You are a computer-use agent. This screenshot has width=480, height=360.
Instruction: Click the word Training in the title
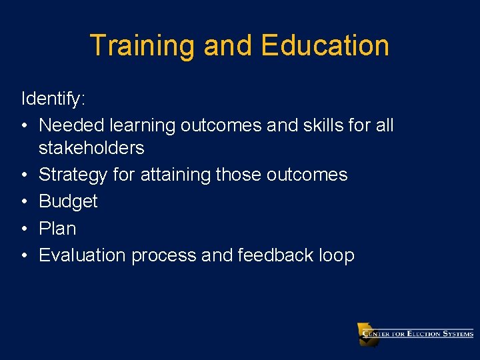pos(143,46)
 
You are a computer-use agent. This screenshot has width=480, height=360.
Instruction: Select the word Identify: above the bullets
pos(53,99)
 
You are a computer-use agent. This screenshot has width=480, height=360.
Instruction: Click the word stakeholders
pos(91,147)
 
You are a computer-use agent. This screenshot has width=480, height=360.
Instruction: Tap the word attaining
pos(175,175)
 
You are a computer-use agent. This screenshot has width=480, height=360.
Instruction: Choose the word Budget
pos(68,201)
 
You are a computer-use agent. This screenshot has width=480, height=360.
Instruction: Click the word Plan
pos(57,229)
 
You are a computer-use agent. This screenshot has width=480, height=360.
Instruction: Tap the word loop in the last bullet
pos(337,256)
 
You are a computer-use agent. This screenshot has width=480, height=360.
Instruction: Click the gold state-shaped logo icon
pos(367,334)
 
